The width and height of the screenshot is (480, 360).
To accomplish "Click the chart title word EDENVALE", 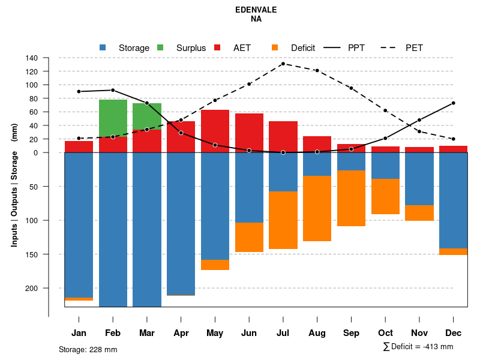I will pos(256,10).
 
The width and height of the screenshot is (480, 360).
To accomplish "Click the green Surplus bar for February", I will pos(113,118).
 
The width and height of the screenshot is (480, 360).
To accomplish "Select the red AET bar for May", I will pos(215,131).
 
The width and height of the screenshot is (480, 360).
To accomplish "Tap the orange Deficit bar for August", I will pos(317,208).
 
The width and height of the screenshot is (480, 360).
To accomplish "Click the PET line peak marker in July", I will pos(283,64).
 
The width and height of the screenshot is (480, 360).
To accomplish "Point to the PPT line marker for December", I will pos(454,103).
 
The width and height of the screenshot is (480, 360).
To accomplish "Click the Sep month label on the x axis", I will pos(351,333).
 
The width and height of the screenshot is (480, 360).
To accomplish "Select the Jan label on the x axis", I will pos(79,333).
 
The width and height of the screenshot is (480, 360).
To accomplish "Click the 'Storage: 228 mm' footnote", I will pos(88,349).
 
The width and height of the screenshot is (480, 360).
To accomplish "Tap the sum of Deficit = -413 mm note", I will pos(418,347).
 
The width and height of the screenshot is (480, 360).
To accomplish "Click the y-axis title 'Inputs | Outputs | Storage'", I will pos(15,192).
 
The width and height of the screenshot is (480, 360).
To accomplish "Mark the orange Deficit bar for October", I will pos(385,196).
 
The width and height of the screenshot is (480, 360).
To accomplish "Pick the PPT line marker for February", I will pos(113,90).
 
